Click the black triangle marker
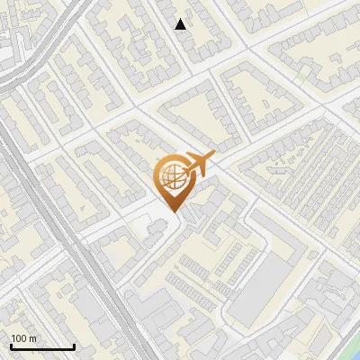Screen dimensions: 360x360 (181, 24)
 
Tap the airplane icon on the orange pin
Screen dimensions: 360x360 (196, 166)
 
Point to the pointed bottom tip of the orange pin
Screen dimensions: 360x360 (172, 211)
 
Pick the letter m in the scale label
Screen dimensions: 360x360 (33, 338)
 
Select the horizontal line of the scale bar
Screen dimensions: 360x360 (41, 346)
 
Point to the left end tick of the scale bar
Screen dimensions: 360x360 (10, 345)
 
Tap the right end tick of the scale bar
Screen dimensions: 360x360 (74, 345)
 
